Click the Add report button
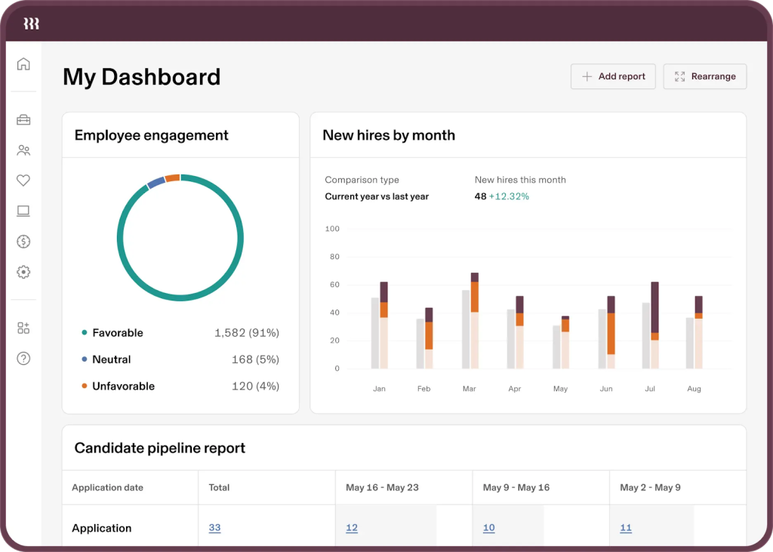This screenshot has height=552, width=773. (x=613, y=76)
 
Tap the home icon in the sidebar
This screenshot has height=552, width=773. (x=23, y=64)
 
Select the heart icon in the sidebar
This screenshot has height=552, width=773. (x=23, y=180)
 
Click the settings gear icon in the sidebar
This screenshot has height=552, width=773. (x=23, y=272)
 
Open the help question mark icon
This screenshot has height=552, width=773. (x=23, y=359)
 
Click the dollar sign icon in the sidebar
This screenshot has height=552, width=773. (x=23, y=242)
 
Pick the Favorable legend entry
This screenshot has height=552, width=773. (x=117, y=333)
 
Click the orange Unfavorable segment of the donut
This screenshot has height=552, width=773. (x=172, y=178)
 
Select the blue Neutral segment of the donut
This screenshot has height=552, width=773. (x=156, y=182)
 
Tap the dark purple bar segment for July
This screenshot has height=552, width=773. (x=654, y=307)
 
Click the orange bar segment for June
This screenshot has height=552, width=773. (x=611, y=333)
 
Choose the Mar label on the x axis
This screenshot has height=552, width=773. (x=470, y=389)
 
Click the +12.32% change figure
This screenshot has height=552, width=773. (x=509, y=196)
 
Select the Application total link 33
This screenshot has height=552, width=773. (x=214, y=528)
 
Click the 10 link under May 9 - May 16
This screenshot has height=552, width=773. (x=488, y=528)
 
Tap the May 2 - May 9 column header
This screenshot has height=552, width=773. (x=650, y=488)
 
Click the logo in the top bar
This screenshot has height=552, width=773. (x=31, y=23)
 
